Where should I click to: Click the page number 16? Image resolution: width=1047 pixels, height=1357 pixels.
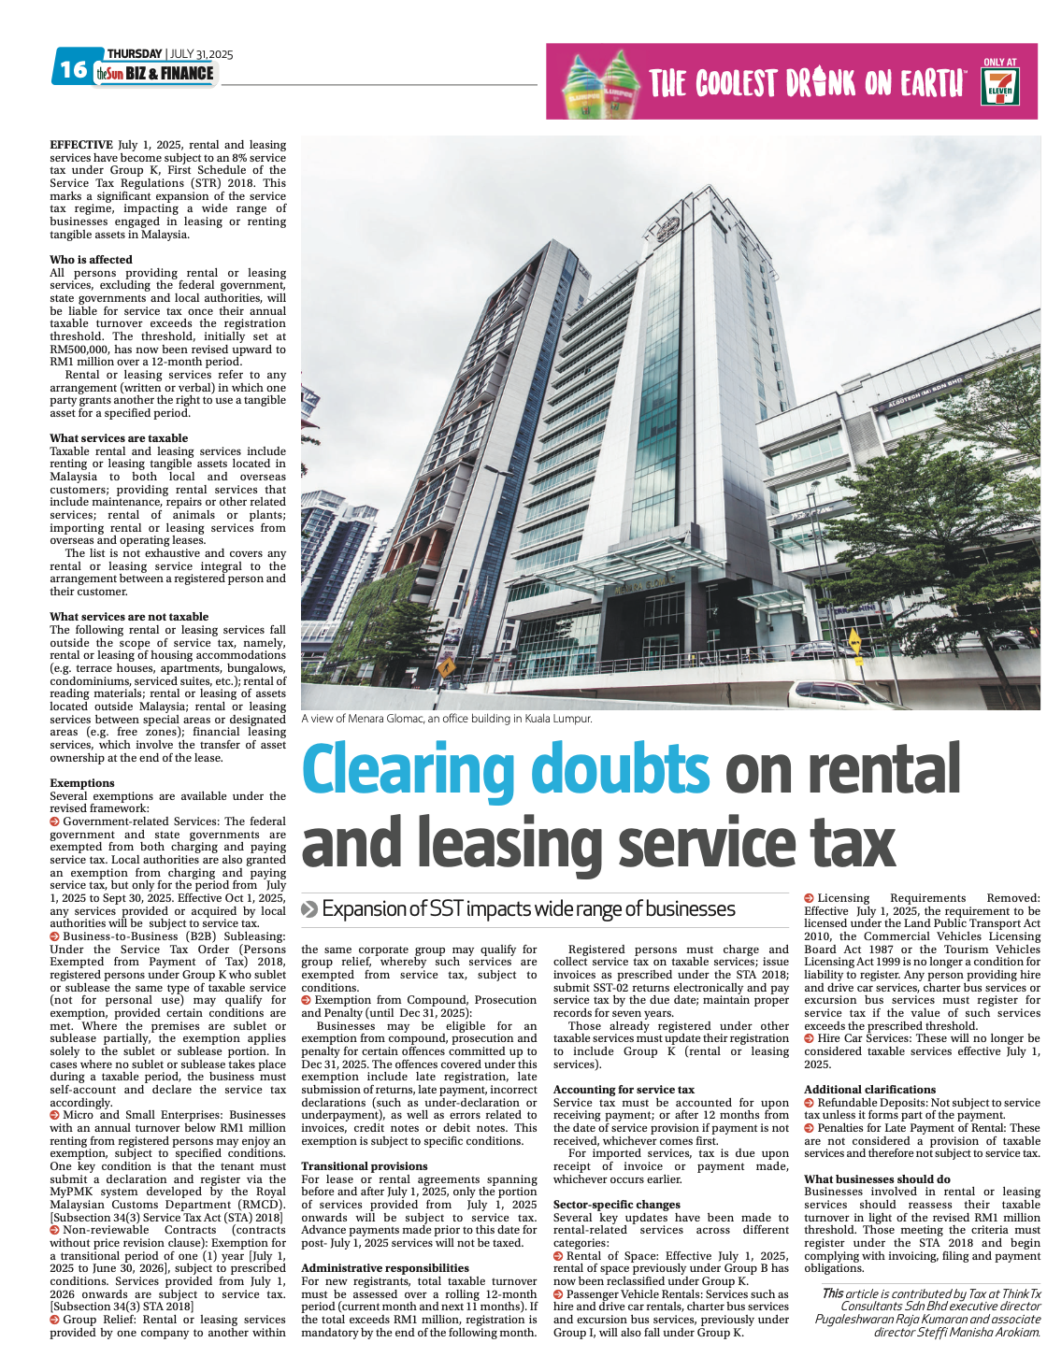pyautogui.click(x=73, y=70)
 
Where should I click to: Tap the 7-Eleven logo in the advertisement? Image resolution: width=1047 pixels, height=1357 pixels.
pyautogui.click(x=1000, y=87)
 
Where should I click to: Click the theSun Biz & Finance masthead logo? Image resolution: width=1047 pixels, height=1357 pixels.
pyautogui.click(x=155, y=74)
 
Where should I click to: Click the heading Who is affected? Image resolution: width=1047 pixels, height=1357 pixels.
pyautogui.click(x=91, y=260)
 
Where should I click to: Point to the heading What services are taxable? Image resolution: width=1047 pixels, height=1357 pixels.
pyautogui.click(x=119, y=438)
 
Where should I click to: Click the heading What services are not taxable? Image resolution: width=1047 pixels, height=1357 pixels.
pyautogui.click(x=129, y=617)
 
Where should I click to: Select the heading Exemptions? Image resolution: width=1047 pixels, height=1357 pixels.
pyautogui.click(x=82, y=783)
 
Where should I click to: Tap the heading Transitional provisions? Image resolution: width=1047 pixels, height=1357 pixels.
pyautogui.click(x=365, y=1166)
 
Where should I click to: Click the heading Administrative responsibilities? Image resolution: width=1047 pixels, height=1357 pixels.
pyautogui.click(x=385, y=1268)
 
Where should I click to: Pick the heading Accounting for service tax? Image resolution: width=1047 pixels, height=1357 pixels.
pyautogui.click(x=624, y=1090)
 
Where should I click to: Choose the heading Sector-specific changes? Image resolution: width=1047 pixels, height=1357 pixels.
pyautogui.click(x=617, y=1205)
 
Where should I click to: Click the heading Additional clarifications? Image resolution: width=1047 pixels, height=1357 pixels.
pyautogui.click(x=869, y=1090)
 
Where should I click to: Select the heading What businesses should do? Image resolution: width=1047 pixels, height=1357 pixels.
pyautogui.click(x=877, y=1179)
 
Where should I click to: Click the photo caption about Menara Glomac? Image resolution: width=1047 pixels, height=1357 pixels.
pyautogui.click(x=447, y=719)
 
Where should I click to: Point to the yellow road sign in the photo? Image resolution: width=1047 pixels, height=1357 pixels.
pyautogui.click(x=447, y=667)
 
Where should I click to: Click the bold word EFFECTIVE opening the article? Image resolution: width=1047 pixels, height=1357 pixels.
pyautogui.click(x=81, y=145)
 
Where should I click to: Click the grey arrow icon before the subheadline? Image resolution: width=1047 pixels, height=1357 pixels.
pyautogui.click(x=309, y=909)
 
